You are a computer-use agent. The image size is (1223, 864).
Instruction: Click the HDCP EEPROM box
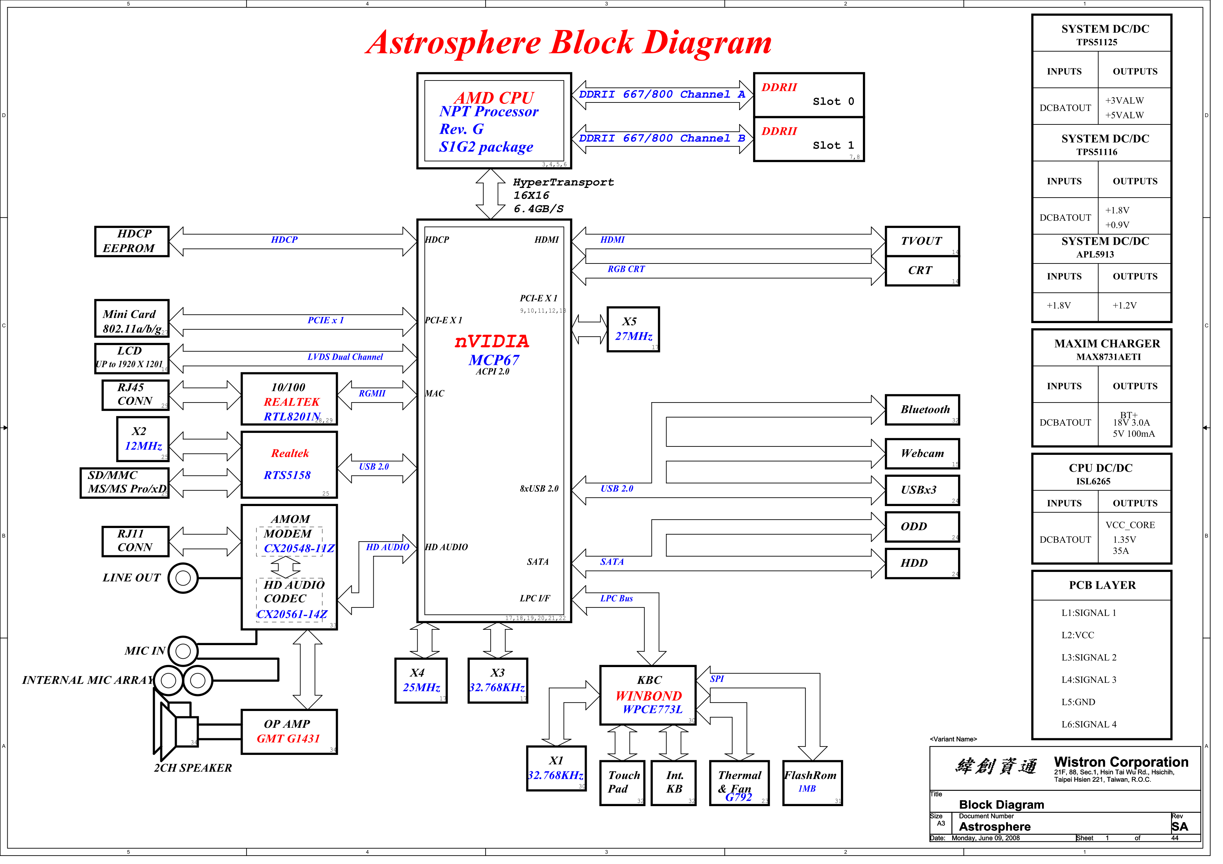[132, 243]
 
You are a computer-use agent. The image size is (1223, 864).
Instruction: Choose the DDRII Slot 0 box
[816, 95]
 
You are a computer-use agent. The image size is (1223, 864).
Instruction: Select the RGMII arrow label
[375, 397]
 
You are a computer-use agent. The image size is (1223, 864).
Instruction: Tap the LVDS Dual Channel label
[348, 360]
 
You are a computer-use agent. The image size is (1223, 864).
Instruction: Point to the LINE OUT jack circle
[184, 583]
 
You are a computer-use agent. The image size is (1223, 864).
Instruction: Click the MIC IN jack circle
[184, 657]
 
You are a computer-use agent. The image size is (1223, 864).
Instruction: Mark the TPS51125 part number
[1107, 43]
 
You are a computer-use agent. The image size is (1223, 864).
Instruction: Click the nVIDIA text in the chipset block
[496, 344]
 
